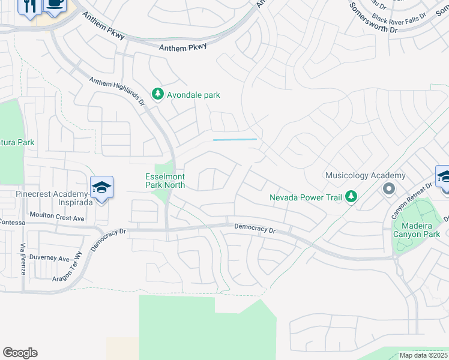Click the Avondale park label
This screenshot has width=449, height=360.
coord(194,95)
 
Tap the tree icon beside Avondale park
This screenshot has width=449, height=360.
coord(158,94)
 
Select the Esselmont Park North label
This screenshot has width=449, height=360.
coord(165,181)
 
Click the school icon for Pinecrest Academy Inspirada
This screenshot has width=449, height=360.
coord(102,188)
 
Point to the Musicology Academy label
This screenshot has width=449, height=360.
coord(365,176)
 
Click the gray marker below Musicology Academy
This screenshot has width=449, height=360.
coord(388,189)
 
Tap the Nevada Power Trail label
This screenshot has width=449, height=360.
coord(306,197)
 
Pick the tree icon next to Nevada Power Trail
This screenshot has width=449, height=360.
coord(351,196)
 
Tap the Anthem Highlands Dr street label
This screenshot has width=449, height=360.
coord(118,91)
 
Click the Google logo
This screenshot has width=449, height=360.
coord(20,353)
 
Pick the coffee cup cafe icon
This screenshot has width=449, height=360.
coord(55,4)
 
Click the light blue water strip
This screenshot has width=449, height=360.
coord(235,140)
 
